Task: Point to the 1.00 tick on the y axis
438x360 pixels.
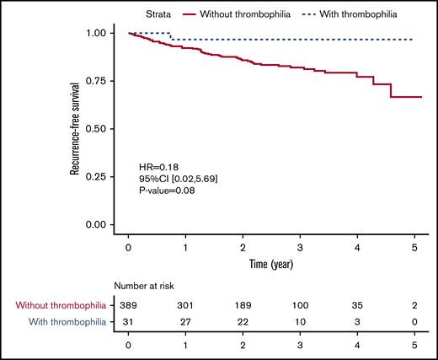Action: [100, 33]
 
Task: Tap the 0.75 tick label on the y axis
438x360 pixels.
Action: [100, 81]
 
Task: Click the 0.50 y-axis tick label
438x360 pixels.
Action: [100, 129]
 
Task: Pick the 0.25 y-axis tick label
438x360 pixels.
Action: [100, 177]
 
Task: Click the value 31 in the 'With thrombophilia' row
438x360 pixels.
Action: [128, 321]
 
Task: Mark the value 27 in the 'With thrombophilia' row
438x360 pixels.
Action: [186, 321]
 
